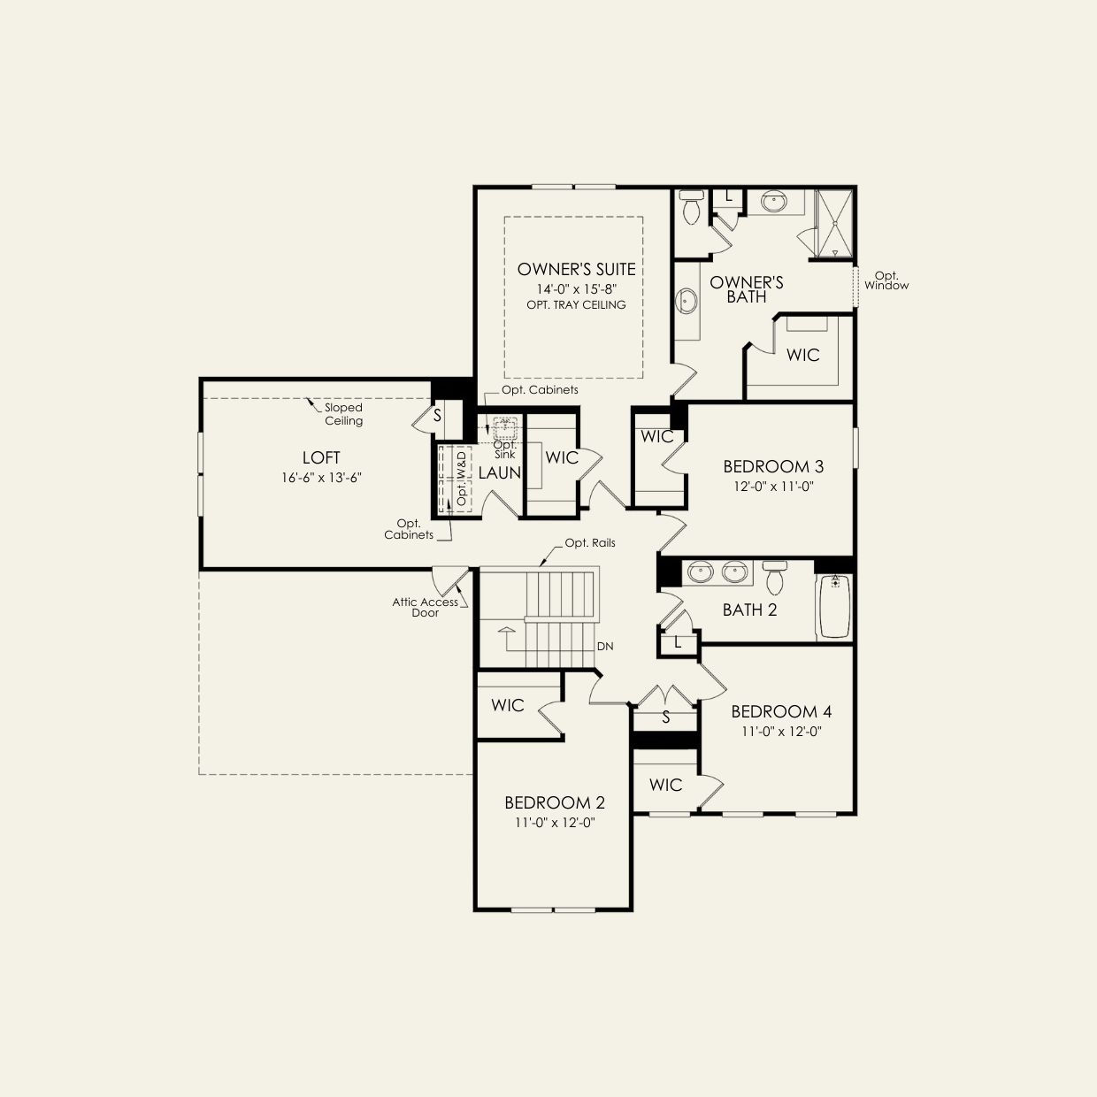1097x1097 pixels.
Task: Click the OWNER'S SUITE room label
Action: tap(576, 269)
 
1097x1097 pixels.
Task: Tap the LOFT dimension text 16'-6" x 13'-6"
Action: tap(322, 478)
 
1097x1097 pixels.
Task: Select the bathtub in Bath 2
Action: tap(834, 606)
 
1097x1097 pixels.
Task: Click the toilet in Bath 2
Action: tap(775, 578)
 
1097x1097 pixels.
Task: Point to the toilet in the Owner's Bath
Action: tap(692, 208)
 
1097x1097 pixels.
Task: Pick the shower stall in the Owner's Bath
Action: tap(834, 224)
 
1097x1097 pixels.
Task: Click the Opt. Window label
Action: tap(886, 281)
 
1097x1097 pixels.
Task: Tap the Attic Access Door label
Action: tap(425, 608)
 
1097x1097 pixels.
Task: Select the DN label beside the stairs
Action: tap(605, 647)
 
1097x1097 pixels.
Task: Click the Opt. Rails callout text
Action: tap(590, 543)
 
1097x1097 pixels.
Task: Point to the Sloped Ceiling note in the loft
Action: tap(343, 414)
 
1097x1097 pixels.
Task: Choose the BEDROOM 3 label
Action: tap(773, 467)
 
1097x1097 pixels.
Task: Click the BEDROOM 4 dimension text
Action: tap(781, 732)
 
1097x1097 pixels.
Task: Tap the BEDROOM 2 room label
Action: tap(555, 802)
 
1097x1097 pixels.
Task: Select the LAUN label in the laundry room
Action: tap(499, 473)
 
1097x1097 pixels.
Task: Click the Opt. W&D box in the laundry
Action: tap(455, 479)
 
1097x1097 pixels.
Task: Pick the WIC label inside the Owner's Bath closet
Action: tap(802, 356)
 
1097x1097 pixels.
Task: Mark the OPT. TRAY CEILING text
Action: tap(576, 305)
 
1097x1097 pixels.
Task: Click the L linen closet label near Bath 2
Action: tap(678, 643)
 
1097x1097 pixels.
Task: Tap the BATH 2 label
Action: tap(749, 610)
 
